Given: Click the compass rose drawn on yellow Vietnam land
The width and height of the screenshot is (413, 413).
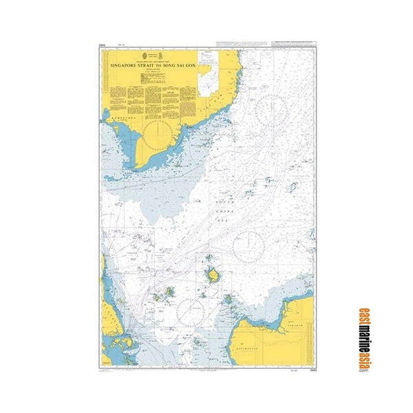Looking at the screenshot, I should coord(160,129).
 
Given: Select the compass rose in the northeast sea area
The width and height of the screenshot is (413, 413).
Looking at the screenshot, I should coord(273,111).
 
